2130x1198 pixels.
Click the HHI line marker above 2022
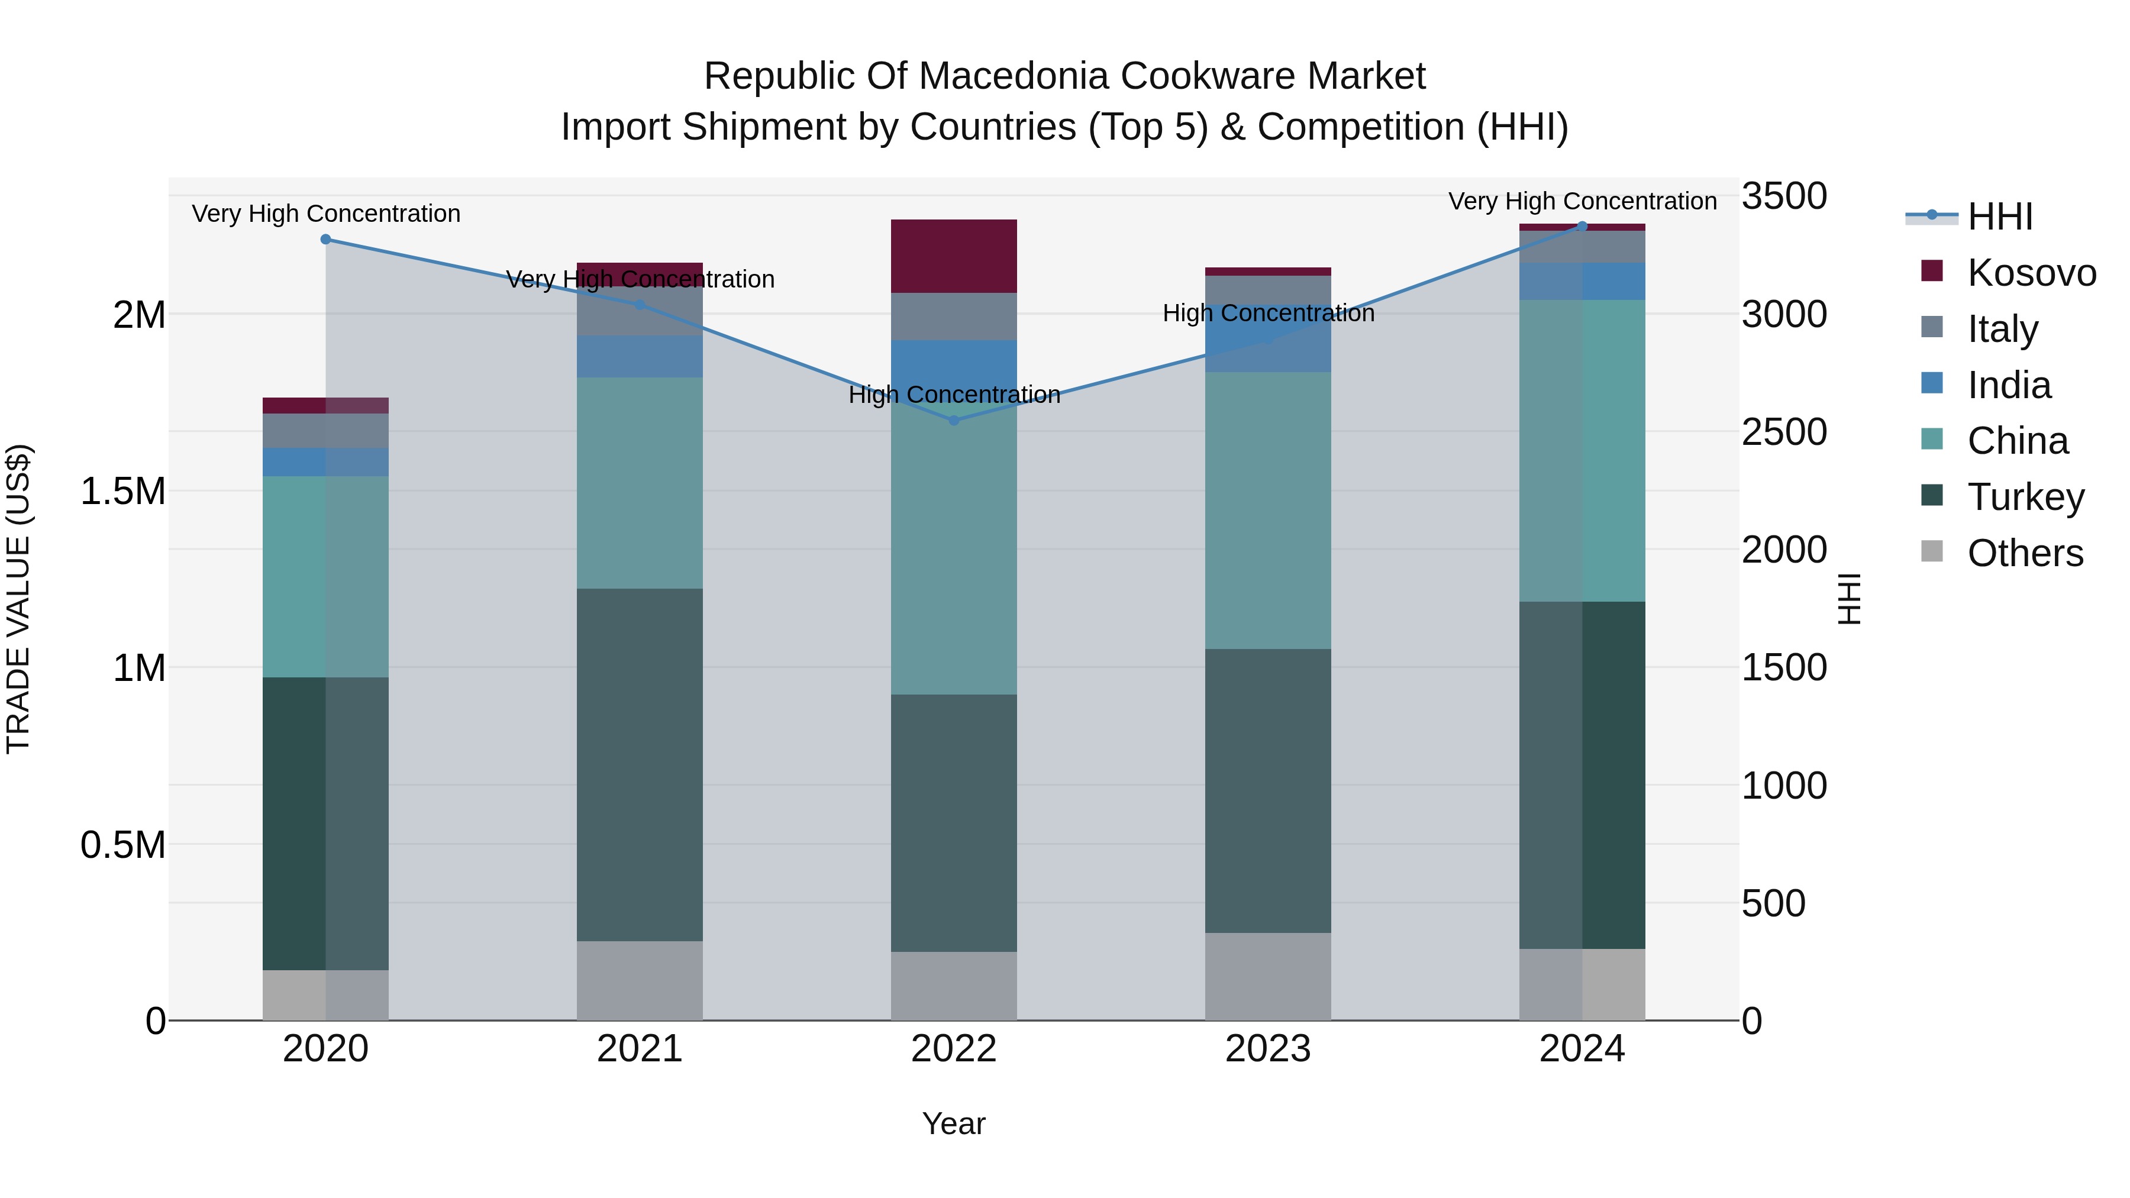pos(953,420)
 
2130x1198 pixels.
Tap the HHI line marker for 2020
pos(326,239)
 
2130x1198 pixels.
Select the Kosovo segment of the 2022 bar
pos(953,256)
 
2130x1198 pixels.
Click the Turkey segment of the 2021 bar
pos(639,765)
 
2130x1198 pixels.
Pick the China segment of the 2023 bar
pos(1267,510)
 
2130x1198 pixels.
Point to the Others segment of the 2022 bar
pos(953,986)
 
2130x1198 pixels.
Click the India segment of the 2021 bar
pos(639,356)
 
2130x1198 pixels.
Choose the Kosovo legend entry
pos(2031,273)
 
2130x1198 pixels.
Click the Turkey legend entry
pos(2025,497)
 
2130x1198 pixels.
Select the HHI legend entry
pos(1999,217)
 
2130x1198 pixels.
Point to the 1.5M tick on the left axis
pos(122,491)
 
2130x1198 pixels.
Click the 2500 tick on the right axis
pos(1783,432)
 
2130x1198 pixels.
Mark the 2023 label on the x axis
pos(1267,1049)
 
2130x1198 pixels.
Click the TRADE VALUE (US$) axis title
pos(18,599)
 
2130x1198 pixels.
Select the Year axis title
pos(953,1123)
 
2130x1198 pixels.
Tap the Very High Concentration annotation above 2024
pos(1582,201)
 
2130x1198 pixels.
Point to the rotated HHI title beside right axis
pos(1849,599)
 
